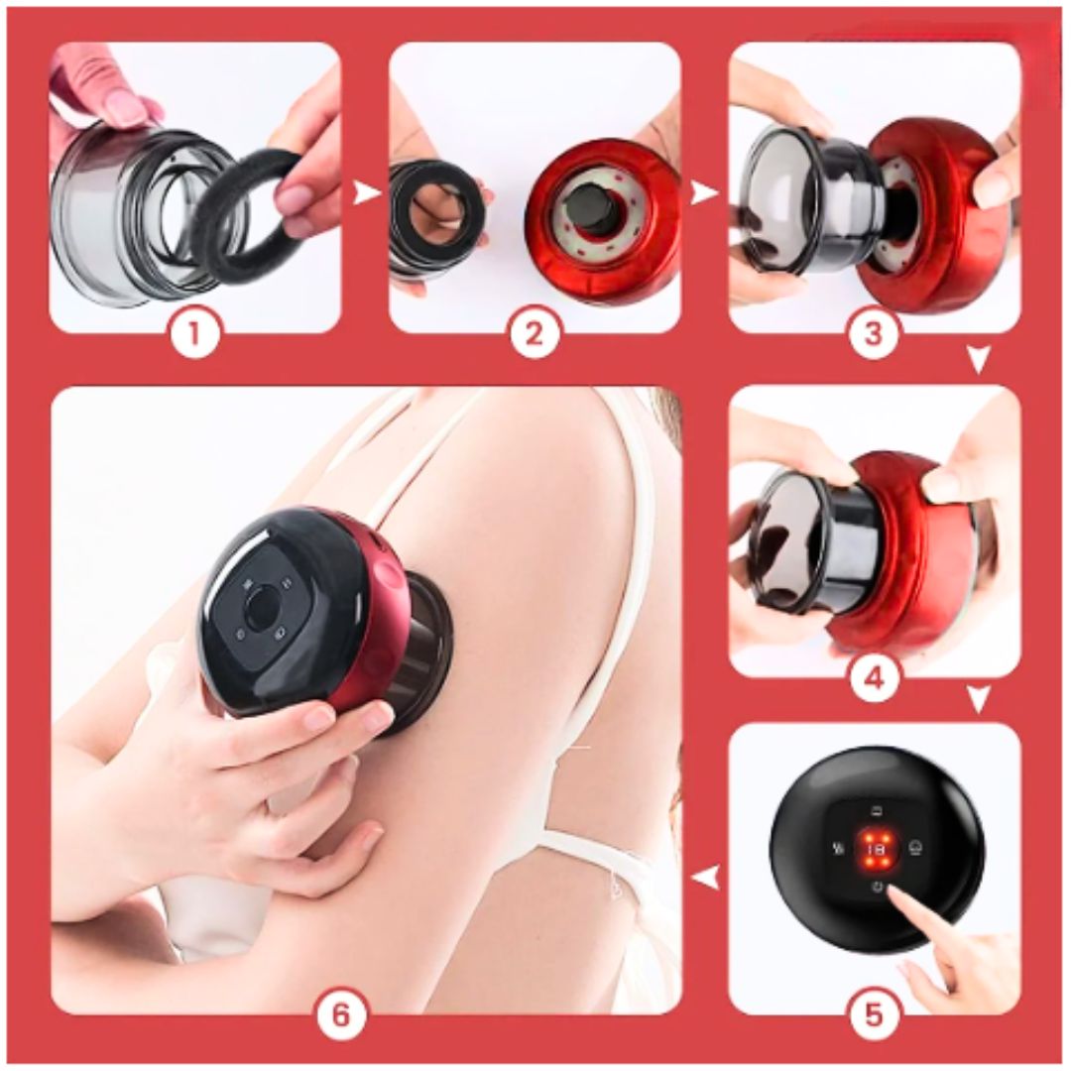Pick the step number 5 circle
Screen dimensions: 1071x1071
[x=874, y=1013]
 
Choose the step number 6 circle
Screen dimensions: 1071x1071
[x=340, y=1013]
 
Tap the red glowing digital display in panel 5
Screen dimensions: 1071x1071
[x=875, y=849]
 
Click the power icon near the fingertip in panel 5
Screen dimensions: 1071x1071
[x=877, y=889]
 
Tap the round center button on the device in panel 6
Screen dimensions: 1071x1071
[x=263, y=609]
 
